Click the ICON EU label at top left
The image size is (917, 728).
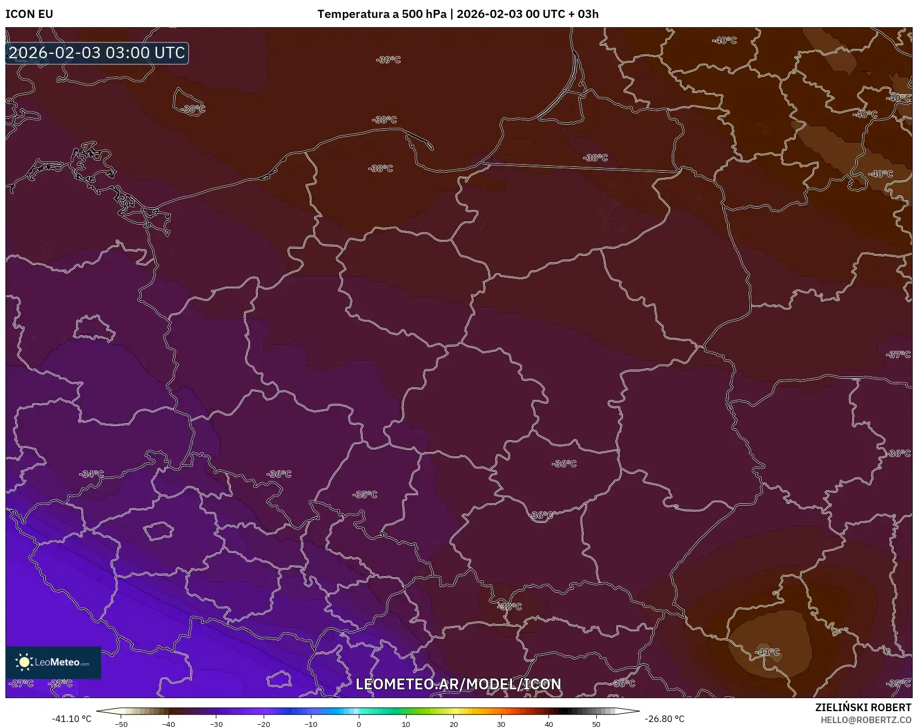(x=29, y=14)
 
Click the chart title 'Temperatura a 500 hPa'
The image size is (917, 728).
(x=382, y=14)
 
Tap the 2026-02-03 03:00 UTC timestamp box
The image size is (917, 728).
(x=97, y=53)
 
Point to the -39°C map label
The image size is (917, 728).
(x=388, y=60)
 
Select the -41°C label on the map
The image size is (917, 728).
(x=767, y=652)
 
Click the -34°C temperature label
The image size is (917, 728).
(x=91, y=474)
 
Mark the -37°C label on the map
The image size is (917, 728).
(x=898, y=354)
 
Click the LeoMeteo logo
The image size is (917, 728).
(x=53, y=662)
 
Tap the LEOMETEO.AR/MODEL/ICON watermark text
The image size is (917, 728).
(x=458, y=684)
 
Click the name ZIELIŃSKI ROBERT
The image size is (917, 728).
(x=863, y=707)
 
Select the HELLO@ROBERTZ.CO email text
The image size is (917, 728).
(x=865, y=719)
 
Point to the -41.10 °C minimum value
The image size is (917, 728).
(x=72, y=719)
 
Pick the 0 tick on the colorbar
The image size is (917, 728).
(x=358, y=724)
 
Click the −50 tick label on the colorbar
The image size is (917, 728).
(x=121, y=724)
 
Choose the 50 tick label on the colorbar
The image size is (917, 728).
(x=596, y=724)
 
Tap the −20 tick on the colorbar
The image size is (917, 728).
(x=264, y=724)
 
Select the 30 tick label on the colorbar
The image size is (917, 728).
(x=501, y=724)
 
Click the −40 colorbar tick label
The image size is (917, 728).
(x=169, y=724)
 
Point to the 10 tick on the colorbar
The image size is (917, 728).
(x=406, y=724)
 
